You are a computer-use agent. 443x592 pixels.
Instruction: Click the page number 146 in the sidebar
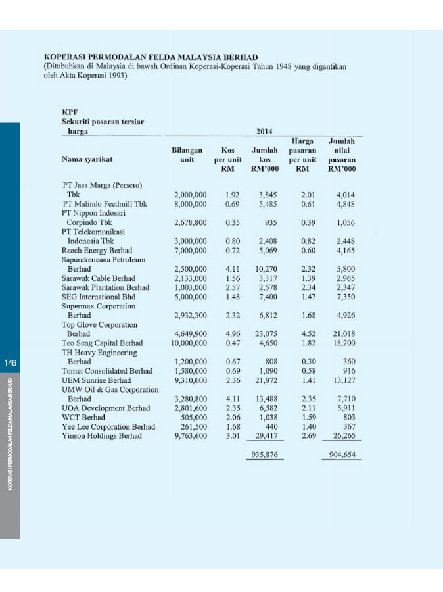click(9, 363)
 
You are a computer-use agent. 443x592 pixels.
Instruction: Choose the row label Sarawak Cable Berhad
click(98, 278)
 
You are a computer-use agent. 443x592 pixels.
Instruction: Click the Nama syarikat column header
click(87, 159)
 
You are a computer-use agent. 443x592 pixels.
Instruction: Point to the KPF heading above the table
click(70, 112)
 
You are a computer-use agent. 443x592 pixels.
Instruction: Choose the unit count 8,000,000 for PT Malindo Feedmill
click(191, 204)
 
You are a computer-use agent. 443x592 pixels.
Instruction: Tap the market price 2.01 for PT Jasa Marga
click(308, 195)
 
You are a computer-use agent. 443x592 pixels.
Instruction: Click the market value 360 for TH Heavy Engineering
click(349, 361)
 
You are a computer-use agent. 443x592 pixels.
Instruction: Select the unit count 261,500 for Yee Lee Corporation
click(193, 426)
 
